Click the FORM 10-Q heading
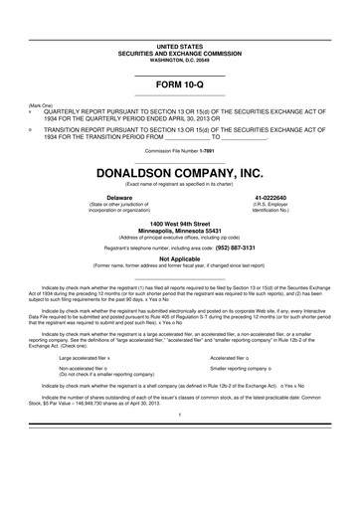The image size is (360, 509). click(x=180, y=85)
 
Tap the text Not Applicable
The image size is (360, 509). click(x=180, y=257)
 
